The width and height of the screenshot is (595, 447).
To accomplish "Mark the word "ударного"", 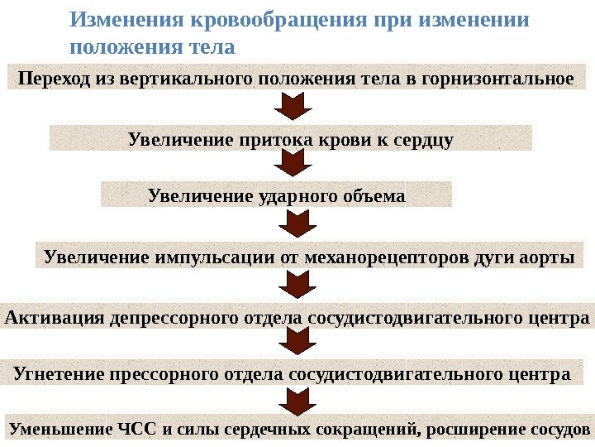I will click(x=291, y=196).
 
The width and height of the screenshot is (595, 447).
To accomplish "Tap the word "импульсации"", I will click(x=213, y=257).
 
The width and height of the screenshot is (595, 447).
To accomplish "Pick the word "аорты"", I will click(x=548, y=257).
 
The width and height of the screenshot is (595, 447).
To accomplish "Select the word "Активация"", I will click(x=55, y=318).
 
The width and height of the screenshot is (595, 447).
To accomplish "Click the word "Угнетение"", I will click(x=59, y=373).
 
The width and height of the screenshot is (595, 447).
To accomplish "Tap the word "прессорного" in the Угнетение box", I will click(x=171, y=373).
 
